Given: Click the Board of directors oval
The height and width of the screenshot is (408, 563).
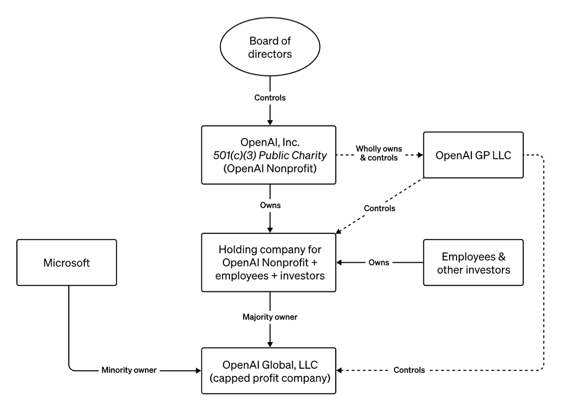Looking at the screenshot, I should (x=270, y=47).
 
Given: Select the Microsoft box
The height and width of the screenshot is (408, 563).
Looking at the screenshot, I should (x=67, y=262).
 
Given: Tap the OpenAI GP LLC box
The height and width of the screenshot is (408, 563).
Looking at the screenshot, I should (x=473, y=155).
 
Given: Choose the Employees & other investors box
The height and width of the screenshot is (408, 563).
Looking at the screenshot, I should (x=473, y=262).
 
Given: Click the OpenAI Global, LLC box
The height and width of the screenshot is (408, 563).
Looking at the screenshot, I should (x=269, y=371).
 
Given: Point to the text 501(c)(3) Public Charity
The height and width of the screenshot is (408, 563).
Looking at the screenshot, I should (x=270, y=155).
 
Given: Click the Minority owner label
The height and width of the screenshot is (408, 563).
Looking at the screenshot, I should (x=129, y=370).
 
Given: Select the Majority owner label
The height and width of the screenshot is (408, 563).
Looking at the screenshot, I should (x=270, y=317).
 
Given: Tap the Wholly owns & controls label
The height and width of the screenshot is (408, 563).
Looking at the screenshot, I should (x=379, y=153).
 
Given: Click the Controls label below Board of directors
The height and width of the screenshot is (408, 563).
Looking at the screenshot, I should (x=270, y=98).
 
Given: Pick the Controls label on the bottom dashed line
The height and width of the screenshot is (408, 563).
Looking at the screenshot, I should (x=409, y=370).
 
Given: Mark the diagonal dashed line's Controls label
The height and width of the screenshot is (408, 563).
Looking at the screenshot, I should (x=380, y=208).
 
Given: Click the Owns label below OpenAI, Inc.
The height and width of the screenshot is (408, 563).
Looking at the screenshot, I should (x=270, y=205).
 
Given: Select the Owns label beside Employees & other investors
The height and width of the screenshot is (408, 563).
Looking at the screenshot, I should (x=379, y=262).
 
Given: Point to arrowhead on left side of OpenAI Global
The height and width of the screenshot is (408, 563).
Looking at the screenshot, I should (x=198, y=371).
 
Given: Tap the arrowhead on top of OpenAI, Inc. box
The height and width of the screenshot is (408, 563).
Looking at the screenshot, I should (x=270, y=122).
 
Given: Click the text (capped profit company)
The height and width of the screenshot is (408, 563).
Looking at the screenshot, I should (x=270, y=377).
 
